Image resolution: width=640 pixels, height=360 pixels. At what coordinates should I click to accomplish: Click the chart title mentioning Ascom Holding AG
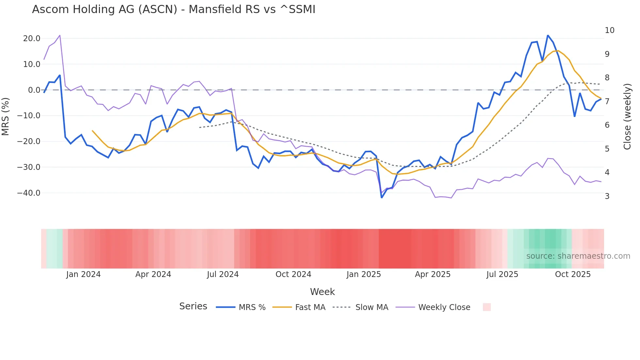click(x=173, y=9)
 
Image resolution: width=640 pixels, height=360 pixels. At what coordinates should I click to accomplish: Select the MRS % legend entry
click(x=241, y=307)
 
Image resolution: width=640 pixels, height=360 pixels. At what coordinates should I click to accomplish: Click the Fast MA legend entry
click(x=299, y=307)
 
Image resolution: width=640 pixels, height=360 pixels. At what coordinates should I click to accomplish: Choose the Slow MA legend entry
click(x=360, y=307)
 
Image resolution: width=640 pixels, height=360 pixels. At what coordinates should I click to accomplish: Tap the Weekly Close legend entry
click(x=433, y=307)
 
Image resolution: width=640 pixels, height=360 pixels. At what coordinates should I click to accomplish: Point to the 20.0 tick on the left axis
click(x=32, y=39)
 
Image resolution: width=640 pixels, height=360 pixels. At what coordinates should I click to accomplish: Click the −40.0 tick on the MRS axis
click(x=29, y=193)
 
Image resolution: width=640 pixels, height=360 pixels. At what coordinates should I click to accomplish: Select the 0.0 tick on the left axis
click(x=34, y=90)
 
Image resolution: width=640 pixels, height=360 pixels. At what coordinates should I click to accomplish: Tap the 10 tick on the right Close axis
click(x=609, y=30)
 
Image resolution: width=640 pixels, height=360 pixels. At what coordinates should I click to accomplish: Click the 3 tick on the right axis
click(x=607, y=196)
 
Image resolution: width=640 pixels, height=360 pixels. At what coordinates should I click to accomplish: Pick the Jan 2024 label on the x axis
click(x=83, y=274)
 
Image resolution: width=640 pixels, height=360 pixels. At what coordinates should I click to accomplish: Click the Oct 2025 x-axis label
click(x=573, y=274)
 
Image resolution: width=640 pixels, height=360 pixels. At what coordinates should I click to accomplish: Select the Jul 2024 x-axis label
click(x=223, y=274)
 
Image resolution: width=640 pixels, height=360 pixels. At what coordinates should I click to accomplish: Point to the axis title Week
click(x=322, y=292)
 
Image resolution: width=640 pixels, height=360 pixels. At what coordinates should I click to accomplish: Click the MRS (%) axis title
click(x=6, y=116)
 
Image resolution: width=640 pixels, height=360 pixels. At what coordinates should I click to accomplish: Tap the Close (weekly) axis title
click(x=627, y=116)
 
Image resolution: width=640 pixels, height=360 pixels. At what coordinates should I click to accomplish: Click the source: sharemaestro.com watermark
click(x=578, y=256)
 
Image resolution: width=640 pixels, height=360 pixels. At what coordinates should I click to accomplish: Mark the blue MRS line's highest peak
click(x=548, y=35)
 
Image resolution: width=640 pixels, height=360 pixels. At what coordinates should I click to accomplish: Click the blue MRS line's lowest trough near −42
click(x=382, y=198)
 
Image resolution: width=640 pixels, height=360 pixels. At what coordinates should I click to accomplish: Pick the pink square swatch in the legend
click(x=487, y=307)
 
